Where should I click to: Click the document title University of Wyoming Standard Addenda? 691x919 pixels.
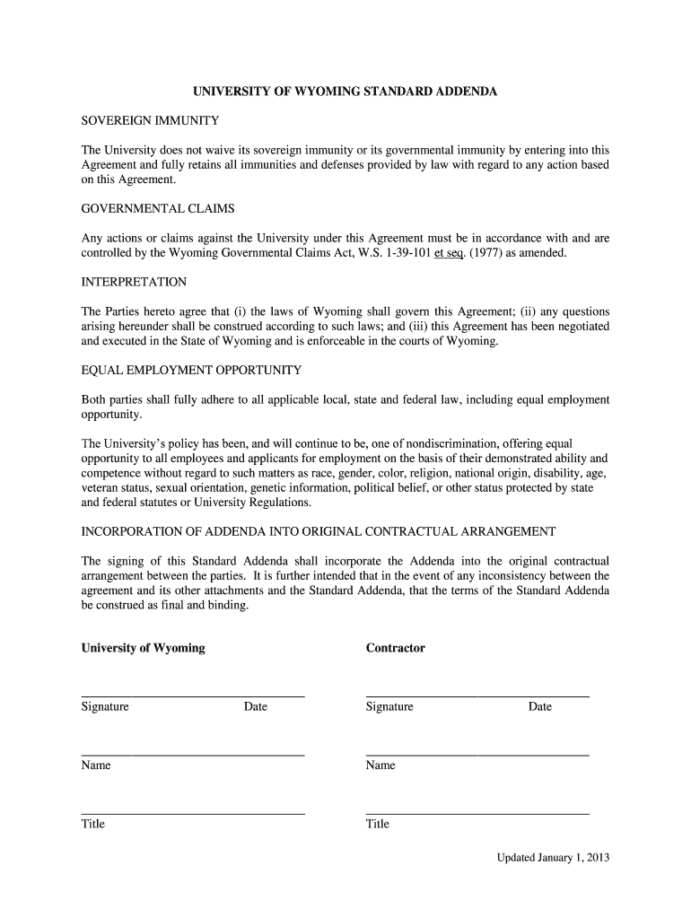[345, 92]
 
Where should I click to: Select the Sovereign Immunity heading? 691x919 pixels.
[151, 120]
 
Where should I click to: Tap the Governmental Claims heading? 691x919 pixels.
[158, 208]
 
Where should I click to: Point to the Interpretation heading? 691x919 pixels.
[134, 282]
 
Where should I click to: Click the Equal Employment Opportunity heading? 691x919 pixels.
[191, 370]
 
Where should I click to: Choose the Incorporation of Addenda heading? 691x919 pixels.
[319, 531]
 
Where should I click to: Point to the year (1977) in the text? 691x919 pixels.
[484, 253]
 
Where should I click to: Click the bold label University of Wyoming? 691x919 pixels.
[143, 648]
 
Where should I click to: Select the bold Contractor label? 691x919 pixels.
[395, 648]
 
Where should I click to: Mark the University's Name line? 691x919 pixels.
[193, 754]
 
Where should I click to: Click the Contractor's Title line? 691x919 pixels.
[477, 812]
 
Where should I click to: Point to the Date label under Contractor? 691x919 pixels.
[539, 707]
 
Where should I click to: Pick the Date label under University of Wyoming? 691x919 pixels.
[255, 707]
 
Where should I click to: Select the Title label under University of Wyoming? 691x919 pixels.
[93, 824]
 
